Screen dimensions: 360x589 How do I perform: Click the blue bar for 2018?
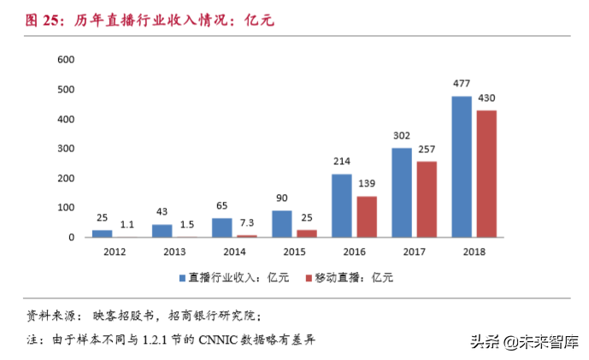coord(461,167)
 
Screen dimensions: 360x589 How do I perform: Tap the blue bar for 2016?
coord(341,205)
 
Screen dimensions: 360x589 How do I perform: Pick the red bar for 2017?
coord(426,199)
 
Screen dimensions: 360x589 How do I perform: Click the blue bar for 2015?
coord(281,224)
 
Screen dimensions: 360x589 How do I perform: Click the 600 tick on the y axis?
coord(66,60)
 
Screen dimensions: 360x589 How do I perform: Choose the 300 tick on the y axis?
coord(66,149)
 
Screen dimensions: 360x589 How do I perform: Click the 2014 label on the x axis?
coord(234,251)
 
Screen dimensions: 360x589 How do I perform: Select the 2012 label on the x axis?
coord(115,251)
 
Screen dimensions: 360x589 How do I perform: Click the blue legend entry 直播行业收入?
coord(233,277)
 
